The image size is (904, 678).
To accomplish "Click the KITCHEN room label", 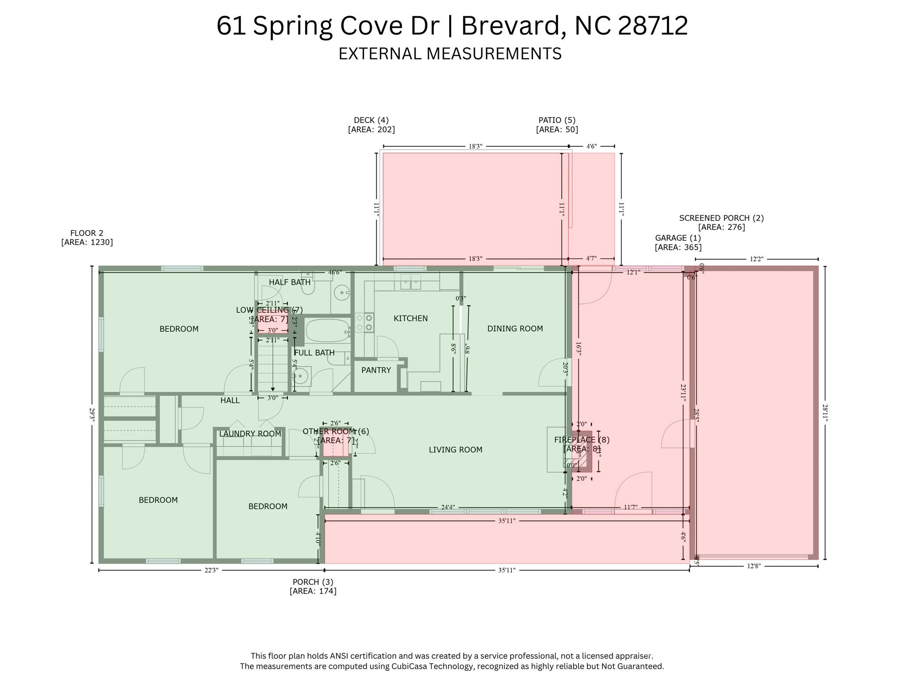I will coord(410,318).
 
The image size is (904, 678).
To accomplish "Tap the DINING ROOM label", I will coord(515,329).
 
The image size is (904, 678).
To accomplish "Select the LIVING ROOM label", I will coord(455,450).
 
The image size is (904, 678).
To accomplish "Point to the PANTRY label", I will coord(376,370).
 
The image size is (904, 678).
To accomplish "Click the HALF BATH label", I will coord(290,282).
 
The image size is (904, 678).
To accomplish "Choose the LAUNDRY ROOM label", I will coord(250,434).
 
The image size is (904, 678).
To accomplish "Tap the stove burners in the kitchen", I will coord(364,322).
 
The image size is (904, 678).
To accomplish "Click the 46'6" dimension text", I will coord(335,273).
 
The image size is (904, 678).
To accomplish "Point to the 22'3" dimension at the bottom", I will coord(211,570).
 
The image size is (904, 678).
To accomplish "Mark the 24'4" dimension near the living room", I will coord(447,508).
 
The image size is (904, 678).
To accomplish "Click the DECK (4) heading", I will coord(371,120).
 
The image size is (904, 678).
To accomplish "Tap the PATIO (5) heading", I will coord(557,120).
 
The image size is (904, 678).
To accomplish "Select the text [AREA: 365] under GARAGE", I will coord(678,247).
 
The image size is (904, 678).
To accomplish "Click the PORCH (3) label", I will coord(313,582).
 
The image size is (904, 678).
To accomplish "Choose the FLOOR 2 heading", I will coord(87,233).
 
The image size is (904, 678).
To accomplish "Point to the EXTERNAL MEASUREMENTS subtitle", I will coord(450,53).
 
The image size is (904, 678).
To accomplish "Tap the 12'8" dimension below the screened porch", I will coord(754,566).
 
